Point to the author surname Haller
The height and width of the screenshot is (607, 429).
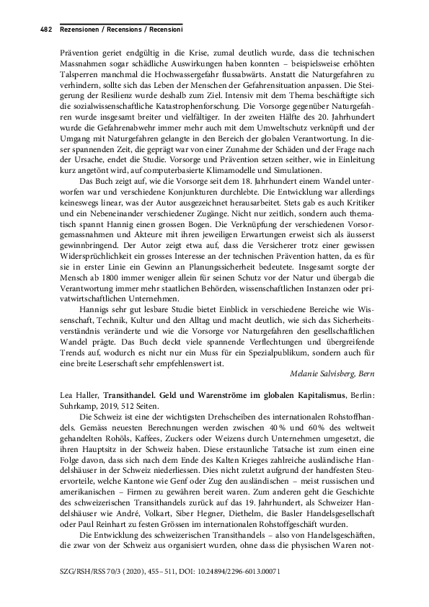[x=86, y=396]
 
